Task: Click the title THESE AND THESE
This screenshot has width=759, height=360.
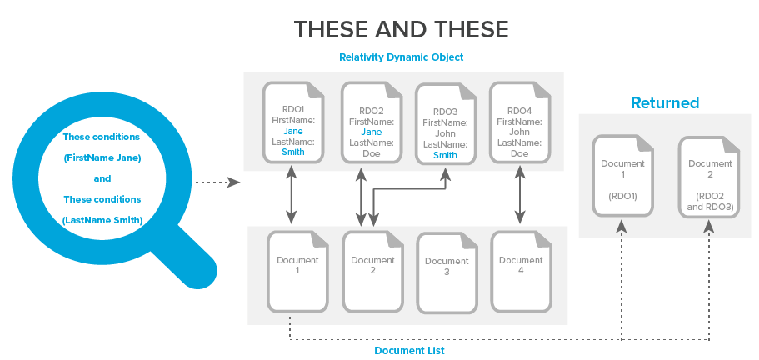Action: click(401, 30)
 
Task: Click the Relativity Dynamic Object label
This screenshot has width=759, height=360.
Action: click(401, 57)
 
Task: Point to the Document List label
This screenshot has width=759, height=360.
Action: click(409, 350)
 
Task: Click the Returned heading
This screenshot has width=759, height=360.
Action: click(664, 103)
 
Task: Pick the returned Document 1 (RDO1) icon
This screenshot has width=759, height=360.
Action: click(622, 175)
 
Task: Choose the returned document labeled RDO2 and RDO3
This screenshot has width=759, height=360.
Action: click(711, 175)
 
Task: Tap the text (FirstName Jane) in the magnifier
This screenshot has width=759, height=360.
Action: click(102, 157)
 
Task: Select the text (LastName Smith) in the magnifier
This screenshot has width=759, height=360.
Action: click(102, 219)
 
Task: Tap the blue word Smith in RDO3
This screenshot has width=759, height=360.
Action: click(445, 154)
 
